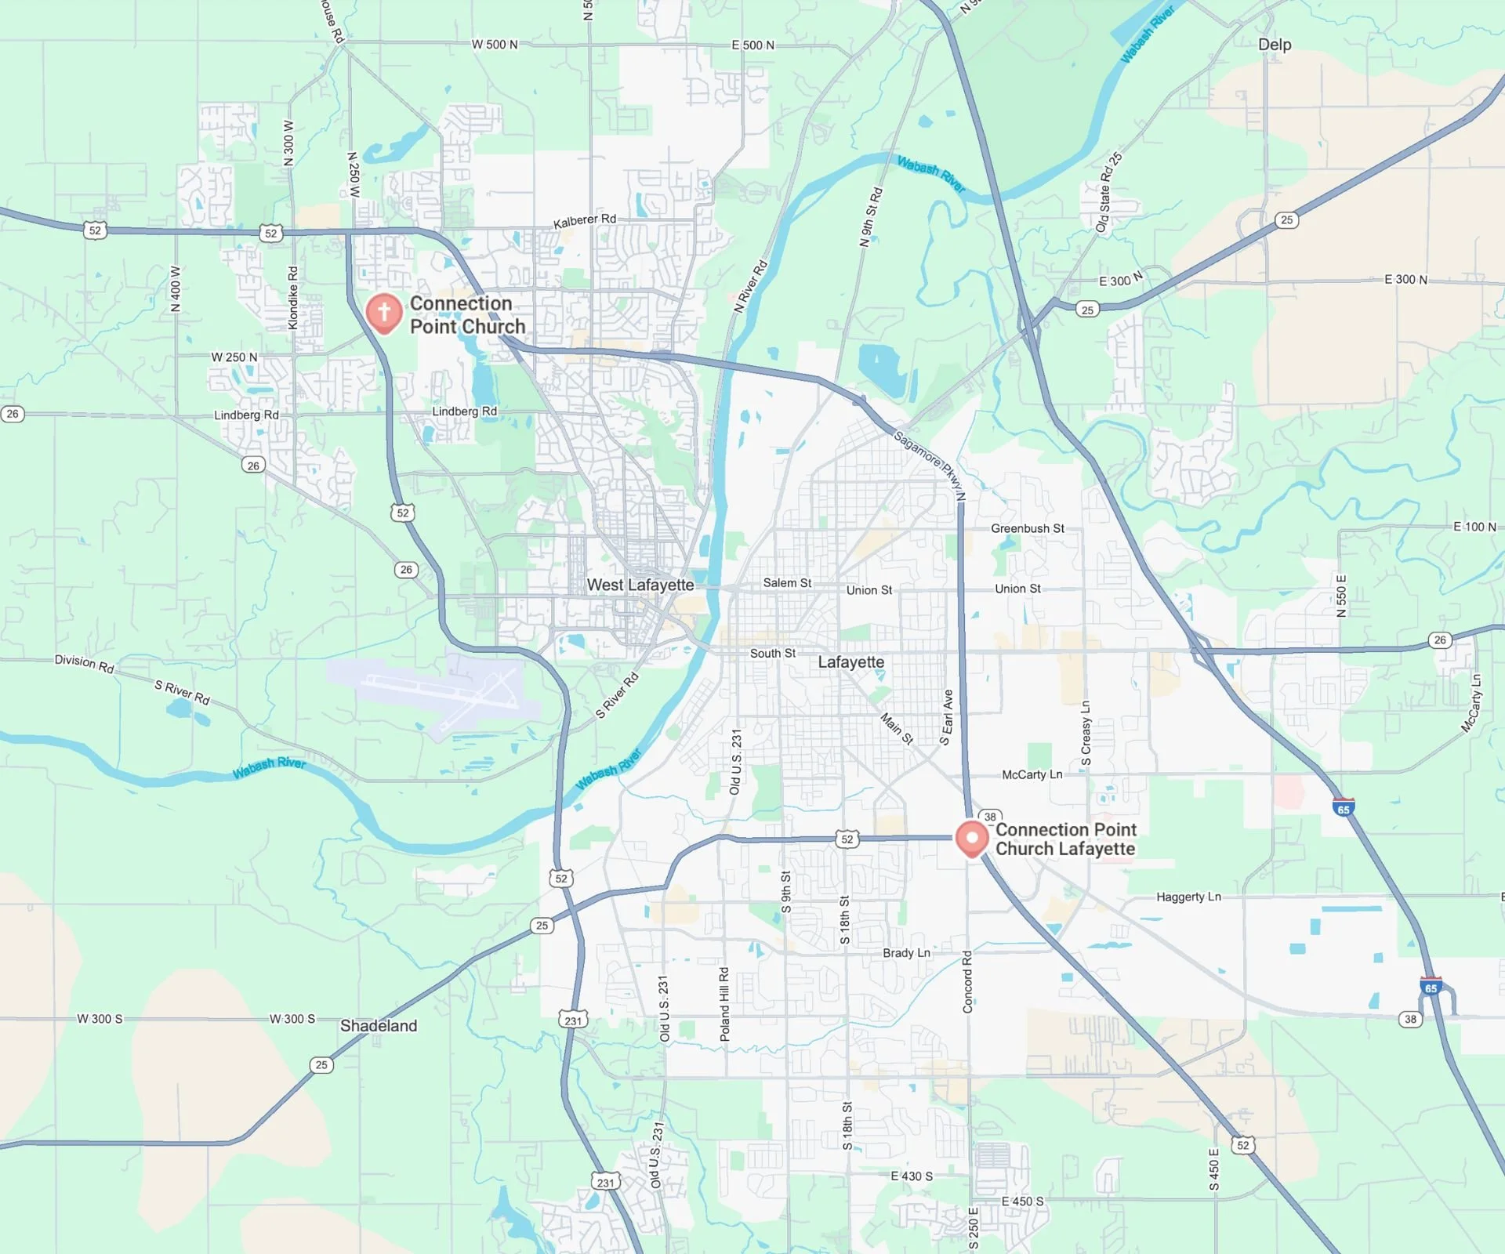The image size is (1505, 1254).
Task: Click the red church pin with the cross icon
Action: (384, 313)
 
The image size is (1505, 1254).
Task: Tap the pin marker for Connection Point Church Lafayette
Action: (972, 839)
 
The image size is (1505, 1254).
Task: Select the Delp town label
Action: (1275, 45)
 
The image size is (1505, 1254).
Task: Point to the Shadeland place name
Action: (379, 1026)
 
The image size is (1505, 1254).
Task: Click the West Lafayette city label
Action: (640, 585)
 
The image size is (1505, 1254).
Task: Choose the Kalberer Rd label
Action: (585, 221)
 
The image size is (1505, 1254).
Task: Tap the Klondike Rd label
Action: (293, 298)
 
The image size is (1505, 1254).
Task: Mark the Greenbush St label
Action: (1028, 528)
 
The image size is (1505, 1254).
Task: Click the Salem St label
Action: (787, 583)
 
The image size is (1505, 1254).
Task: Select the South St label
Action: (772, 654)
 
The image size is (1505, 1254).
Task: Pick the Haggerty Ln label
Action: (1188, 897)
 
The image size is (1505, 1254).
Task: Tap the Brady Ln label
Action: (906, 953)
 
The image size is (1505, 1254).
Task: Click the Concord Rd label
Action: (967, 981)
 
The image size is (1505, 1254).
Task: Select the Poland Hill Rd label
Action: (724, 1004)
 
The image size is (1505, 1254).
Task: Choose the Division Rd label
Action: (85, 664)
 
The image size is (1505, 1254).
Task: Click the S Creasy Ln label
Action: (1086, 733)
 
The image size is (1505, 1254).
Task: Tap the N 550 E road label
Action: (1341, 596)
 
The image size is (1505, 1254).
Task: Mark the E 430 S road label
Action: (912, 1176)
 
